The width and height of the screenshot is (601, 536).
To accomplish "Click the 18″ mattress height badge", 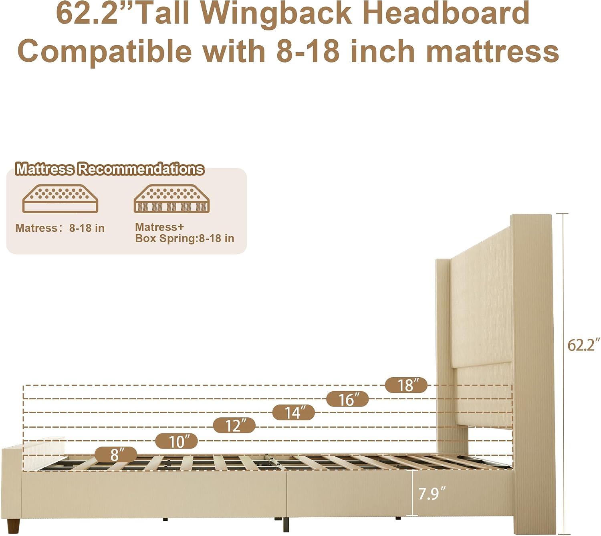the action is (x=406, y=385).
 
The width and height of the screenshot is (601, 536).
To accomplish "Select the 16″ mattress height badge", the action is (x=347, y=399).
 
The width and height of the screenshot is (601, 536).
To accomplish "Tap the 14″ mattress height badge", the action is (x=293, y=413).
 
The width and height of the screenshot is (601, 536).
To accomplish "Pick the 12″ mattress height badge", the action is (x=234, y=425).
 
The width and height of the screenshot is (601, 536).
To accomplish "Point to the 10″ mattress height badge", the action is (x=177, y=441).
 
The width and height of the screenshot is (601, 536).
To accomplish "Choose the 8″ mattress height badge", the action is (x=116, y=454).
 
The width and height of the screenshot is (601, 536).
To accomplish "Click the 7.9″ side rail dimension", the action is (x=432, y=494).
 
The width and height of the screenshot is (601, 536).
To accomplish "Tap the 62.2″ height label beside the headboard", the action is (x=583, y=345).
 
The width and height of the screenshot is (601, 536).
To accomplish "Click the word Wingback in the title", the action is (x=276, y=14).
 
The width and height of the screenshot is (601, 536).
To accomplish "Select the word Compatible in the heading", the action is (x=105, y=51).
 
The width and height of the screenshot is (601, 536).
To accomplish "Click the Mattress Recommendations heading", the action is (x=110, y=168).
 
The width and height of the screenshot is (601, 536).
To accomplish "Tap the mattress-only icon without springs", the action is (x=60, y=198).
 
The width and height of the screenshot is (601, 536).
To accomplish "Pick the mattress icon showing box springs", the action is (x=172, y=198).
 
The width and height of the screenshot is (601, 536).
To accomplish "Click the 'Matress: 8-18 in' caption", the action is (x=60, y=228).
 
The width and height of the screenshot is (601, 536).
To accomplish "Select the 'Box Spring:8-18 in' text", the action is (x=185, y=238).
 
